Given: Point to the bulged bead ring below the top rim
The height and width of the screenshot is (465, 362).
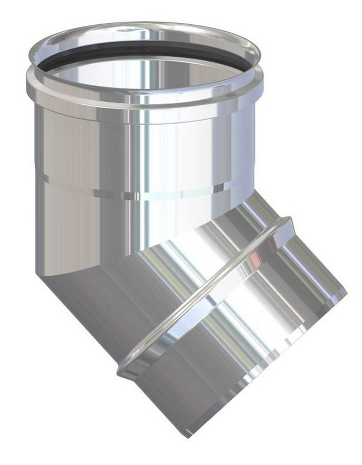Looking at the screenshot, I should click(x=145, y=103).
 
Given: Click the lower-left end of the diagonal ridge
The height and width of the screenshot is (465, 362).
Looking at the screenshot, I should click(x=124, y=370).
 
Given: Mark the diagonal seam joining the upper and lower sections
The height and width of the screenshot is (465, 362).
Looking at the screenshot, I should click(x=155, y=243).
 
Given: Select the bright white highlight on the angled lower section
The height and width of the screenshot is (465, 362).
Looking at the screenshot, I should click(x=248, y=310).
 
